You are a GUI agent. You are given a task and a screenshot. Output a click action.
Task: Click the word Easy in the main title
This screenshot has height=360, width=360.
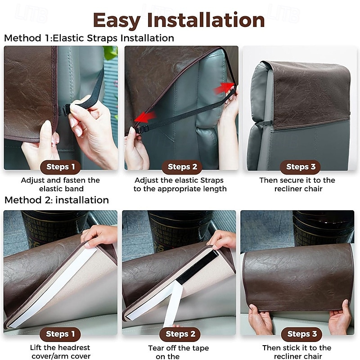point(117,21)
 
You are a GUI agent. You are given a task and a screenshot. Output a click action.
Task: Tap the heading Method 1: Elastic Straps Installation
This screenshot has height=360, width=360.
point(89,38)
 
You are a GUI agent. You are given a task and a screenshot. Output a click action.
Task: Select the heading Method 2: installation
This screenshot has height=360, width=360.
point(57,200)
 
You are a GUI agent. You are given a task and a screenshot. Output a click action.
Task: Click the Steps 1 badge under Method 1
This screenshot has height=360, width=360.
point(60,167)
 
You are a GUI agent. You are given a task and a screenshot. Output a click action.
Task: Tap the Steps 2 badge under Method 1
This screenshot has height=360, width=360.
point(182,167)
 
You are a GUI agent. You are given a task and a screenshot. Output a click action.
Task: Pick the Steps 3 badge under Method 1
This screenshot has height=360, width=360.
point(301,167)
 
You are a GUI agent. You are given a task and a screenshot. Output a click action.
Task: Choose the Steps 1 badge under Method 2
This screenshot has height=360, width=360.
point(60,334)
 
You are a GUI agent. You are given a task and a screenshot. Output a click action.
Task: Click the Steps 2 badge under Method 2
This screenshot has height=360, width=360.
point(180,334)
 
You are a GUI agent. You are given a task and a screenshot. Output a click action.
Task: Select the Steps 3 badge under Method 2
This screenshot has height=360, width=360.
point(301,334)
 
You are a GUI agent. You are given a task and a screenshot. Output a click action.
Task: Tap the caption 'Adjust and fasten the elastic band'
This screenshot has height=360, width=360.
point(60,184)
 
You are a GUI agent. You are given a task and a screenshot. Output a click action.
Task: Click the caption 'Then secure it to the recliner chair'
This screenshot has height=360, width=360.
point(297,184)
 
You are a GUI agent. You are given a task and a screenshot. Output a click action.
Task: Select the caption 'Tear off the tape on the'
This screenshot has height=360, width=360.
point(179,352)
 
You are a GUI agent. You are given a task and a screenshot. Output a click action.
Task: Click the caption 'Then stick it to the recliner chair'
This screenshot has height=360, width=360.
point(297,352)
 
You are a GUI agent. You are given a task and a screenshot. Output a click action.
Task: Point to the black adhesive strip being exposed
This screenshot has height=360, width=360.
point(197,267)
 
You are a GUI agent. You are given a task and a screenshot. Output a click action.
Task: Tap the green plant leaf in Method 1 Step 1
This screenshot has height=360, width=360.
point(111,52)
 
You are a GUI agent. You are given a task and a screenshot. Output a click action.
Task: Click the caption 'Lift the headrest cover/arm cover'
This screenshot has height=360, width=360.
point(60,352)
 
